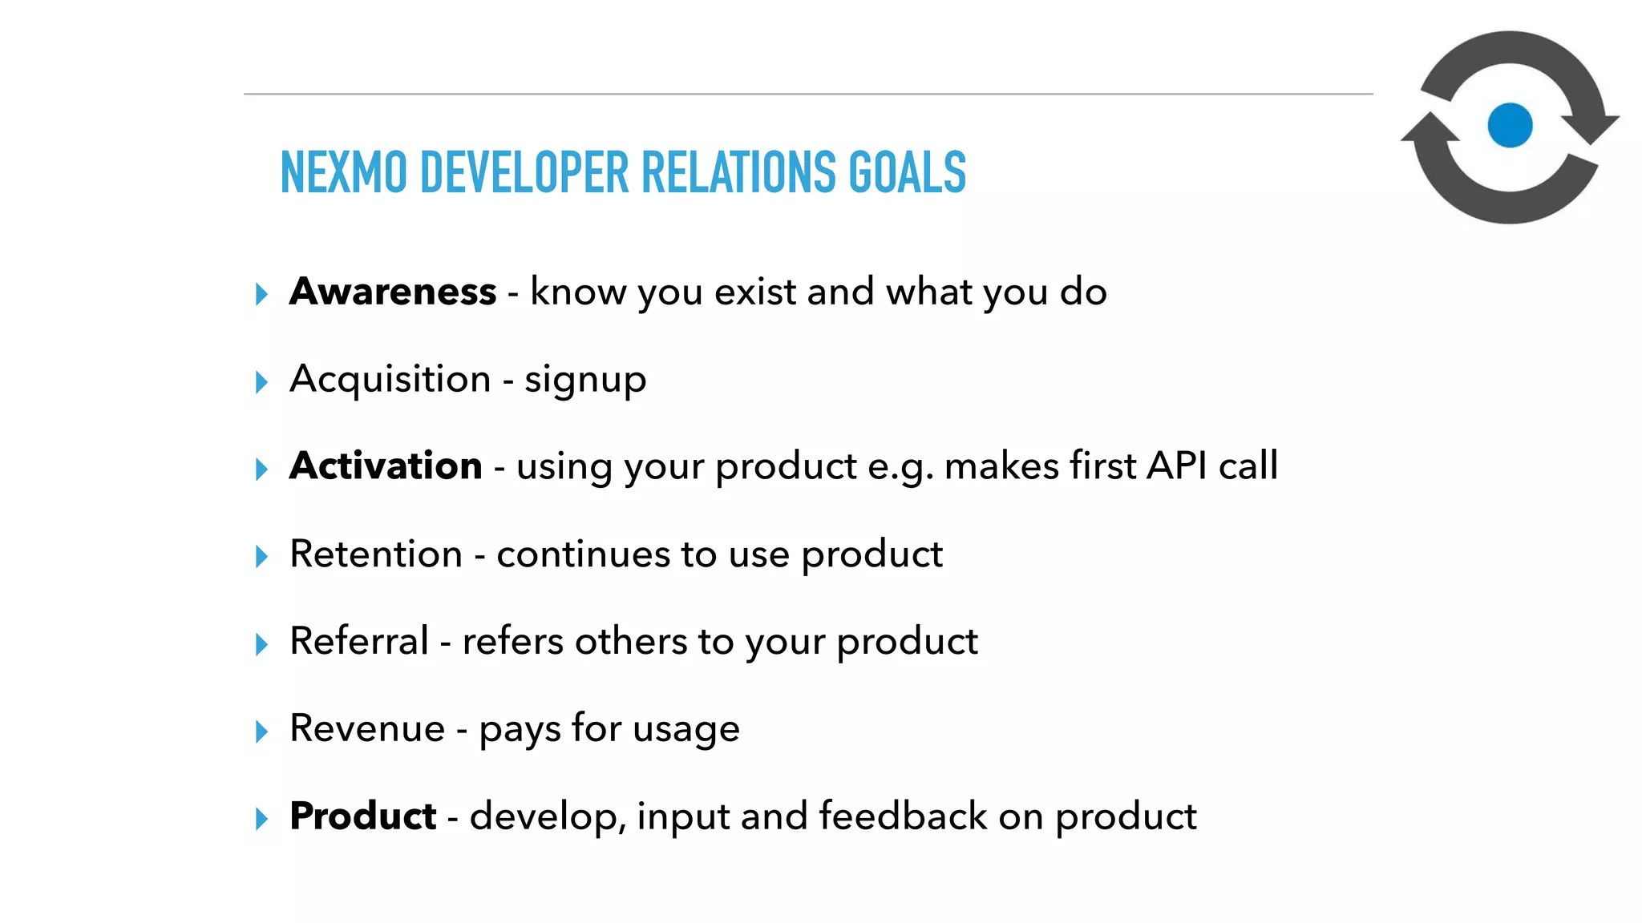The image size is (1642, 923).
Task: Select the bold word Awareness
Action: (393, 291)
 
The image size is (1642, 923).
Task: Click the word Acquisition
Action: (390, 379)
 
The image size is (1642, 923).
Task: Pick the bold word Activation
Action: (386, 466)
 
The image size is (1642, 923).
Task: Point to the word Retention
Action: (376, 554)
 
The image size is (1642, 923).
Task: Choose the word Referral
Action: (359, 641)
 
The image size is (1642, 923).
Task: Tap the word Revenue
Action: (367, 728)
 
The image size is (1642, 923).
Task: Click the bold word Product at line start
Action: (362, 816)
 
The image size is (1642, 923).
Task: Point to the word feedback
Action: (903, 816)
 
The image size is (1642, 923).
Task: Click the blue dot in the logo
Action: (1510, 126)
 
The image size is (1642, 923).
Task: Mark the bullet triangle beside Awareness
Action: (261, 294)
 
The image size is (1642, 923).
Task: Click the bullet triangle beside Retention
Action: (261, 556)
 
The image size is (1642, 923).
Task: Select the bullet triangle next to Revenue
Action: (261, 731)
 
